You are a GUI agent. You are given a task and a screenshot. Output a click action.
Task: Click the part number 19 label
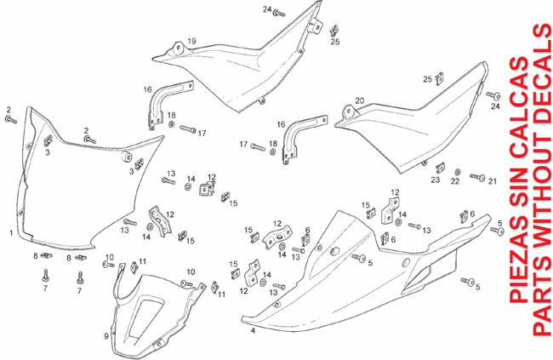point(191,42)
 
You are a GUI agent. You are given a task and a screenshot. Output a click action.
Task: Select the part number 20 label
point(359,100)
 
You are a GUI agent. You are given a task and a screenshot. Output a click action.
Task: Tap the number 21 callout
point(493,181)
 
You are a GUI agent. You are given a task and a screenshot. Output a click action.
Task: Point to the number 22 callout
point(455,181)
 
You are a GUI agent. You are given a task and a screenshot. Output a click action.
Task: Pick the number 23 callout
point(436,180)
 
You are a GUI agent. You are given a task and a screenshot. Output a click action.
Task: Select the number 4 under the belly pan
point(253,331)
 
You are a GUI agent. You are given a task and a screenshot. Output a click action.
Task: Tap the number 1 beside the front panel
point(11,233)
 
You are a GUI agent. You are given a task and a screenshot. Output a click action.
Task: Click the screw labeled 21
point(477,177)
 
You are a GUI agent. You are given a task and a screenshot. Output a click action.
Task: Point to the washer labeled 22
point(457,172)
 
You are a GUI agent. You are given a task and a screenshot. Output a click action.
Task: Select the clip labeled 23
point(440,168)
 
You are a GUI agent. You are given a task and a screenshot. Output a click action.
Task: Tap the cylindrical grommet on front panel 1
point(126,157)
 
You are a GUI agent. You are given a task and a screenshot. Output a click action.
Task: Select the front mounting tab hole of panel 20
point(349,110)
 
